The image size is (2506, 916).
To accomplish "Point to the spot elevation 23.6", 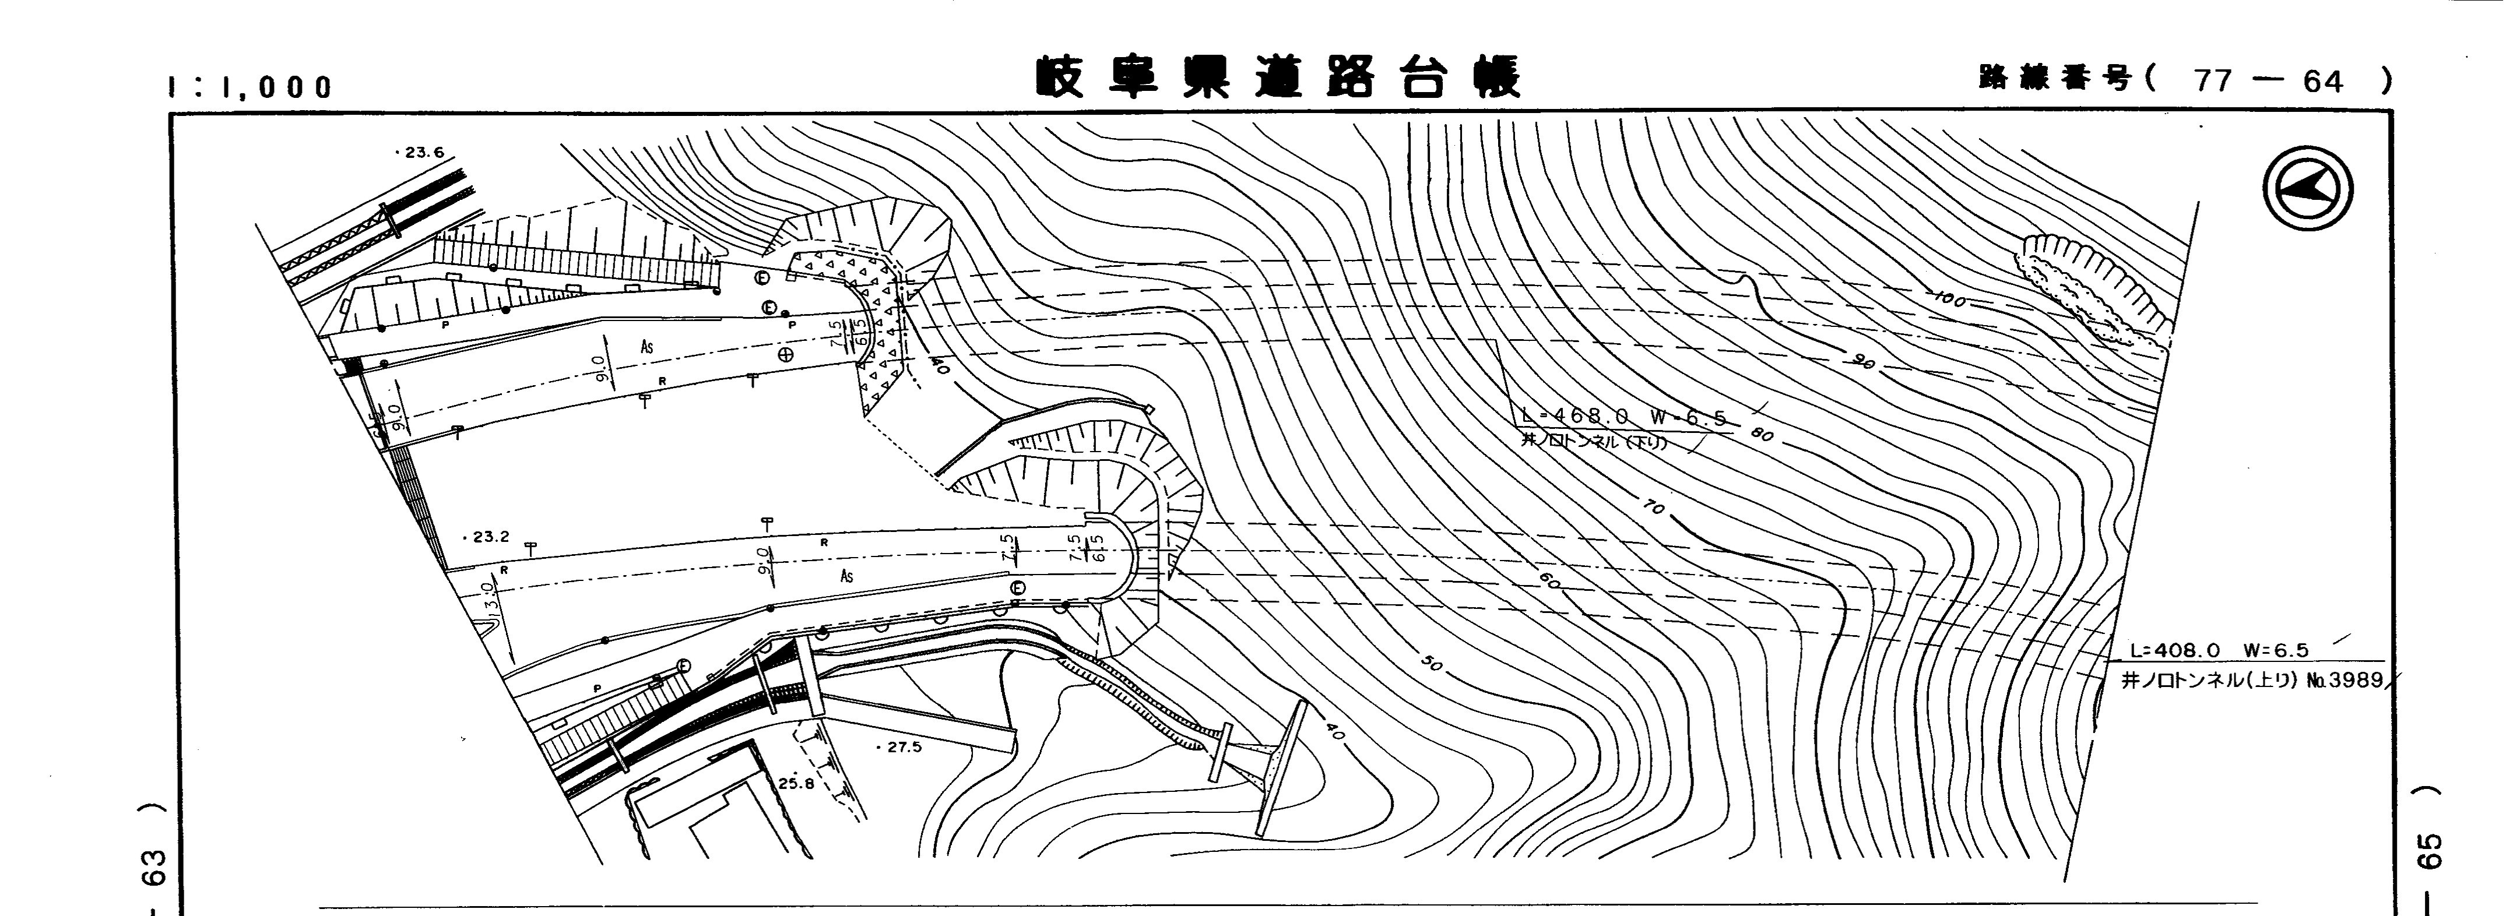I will coord(420,153).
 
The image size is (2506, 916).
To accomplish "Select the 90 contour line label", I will coord(1862,364).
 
